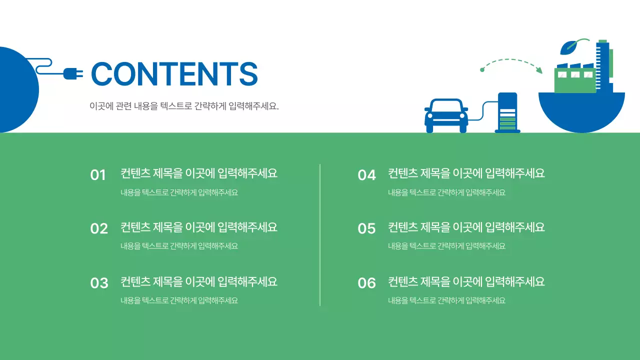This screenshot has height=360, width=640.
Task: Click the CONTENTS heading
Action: [174, 74]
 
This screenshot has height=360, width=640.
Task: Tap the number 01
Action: [98, 175]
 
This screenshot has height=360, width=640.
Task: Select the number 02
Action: [99, 228]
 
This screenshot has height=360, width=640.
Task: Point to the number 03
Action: [99, 283]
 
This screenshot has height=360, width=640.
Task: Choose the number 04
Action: [366, 175]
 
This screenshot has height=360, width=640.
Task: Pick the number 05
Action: [366, 228]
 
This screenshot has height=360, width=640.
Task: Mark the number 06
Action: [366, 283]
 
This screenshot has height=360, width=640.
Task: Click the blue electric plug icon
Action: [73, 74]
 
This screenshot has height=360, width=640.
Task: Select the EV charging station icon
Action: [507, 113]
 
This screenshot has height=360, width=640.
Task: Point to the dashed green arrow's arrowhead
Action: [539, 70]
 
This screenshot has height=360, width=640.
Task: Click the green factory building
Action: [575, 80]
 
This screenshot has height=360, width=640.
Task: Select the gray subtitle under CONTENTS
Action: [184, 106]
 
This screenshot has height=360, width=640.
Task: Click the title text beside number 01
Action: [198, 173]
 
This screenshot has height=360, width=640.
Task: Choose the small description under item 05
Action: [446, 246]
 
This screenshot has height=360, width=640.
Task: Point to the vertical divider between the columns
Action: [320, 235]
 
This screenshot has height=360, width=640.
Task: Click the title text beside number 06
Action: [466, 282]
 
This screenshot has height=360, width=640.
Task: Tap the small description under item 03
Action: [179, 300]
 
